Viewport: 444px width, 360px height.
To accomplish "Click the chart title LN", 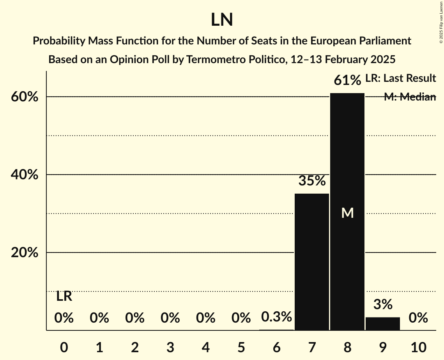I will (x=222, y=20).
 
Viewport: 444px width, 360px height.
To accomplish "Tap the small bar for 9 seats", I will (x=383, y=324).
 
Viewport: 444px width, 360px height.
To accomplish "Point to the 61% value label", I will (x=347, y=81).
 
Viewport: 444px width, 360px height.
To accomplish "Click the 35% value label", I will (x=312, y=181).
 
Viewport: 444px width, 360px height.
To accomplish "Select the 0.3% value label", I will (x=276, y=317).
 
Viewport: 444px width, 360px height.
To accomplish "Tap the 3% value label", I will (x=383, y=304).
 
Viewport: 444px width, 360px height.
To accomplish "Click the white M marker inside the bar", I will (x=347, y=213).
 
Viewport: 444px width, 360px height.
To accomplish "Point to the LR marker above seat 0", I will (x=64, y=296).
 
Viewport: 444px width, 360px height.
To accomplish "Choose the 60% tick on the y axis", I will (x=25, y=97).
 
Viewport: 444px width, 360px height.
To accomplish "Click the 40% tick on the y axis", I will (x=25, y=175).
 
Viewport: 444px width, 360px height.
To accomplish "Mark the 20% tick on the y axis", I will (x=25, y=253).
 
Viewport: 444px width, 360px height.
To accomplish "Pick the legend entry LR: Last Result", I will (x=400, y=78).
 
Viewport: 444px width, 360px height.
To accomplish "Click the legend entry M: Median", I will (x=410, y=97).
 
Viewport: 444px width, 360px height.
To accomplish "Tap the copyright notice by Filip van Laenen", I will (x=441, y=22).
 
